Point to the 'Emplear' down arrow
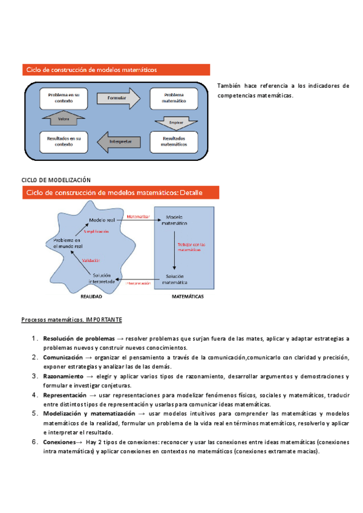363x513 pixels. coord(176,121)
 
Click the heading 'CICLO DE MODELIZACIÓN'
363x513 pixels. coord(56,180)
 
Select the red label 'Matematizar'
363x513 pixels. coord(139,215)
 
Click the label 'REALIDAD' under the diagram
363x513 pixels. coord(91,297)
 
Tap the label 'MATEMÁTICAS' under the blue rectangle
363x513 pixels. coord(188,297)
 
